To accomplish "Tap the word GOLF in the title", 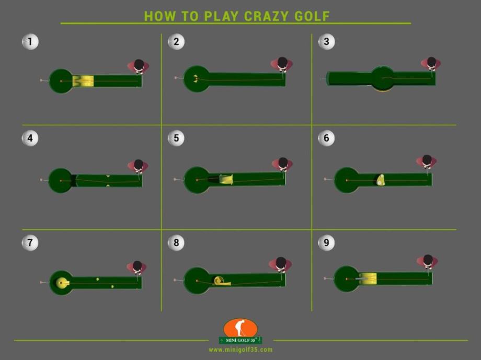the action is pos(312,16).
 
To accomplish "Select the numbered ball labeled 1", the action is pos(30,41).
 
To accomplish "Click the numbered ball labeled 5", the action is pos(176,138).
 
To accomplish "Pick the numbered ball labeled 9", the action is pos(326,242).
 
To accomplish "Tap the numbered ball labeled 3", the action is pos(326,41).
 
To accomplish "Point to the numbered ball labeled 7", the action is pos(30,242).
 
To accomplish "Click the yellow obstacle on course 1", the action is pos(83,81).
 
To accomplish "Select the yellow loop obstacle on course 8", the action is pos(221,281).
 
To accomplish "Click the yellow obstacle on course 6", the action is pos(381,180).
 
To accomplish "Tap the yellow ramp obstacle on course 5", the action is pos(226,179).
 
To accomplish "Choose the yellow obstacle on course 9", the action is pos(368,278).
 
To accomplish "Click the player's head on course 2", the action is pos(282,62).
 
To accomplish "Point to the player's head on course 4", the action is pos(139,164).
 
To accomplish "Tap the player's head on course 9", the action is pos(428,260).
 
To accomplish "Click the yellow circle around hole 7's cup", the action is pos(62,283).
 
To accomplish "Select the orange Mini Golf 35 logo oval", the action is pos(241,328).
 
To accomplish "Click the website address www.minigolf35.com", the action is pos(241,350).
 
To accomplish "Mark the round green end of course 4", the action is pos(61,181).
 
